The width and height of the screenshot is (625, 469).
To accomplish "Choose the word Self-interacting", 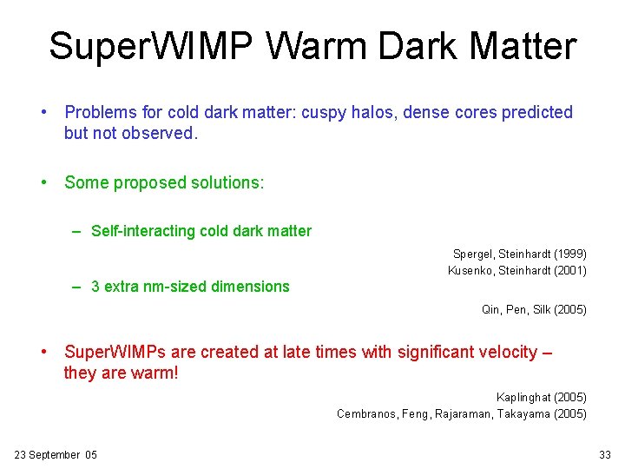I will pyautogui.click(x=143, y=231).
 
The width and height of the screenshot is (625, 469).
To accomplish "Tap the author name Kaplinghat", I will pyautogui.click(x=523, y=397).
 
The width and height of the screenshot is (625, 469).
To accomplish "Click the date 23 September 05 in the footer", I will pyautogui.click(x=56, y=454).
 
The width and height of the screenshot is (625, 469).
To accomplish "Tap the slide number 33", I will pyautogui.click(x=605, y=454).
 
